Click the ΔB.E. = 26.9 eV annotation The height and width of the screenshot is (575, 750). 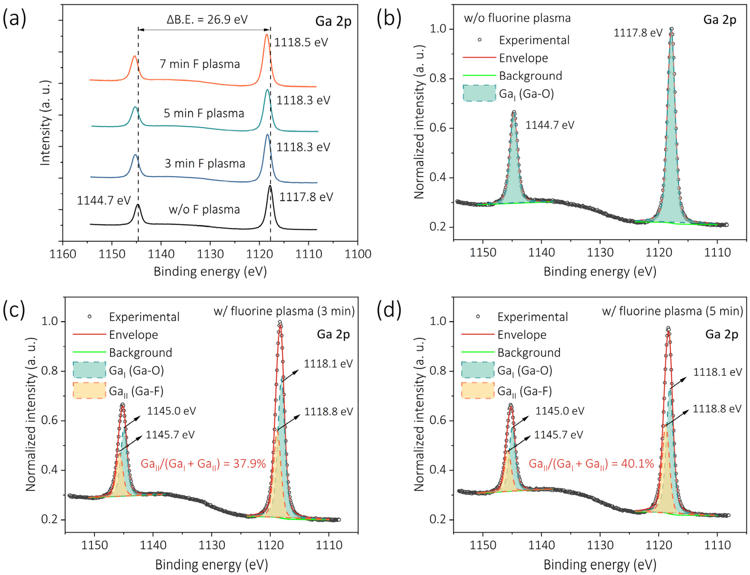tap(207, 20)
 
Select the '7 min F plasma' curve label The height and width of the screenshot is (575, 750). tap(200, 64)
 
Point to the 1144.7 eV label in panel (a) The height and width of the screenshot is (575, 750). tap(104, 200)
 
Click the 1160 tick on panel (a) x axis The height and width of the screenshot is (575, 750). tap(63, 254)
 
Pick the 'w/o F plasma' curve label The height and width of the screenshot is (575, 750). tap(204, 209)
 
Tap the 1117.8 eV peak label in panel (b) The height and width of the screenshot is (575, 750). tap(638, 33)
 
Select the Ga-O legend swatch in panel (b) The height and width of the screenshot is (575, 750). tap(479, 93)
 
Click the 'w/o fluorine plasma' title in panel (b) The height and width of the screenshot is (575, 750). tap(517, 18)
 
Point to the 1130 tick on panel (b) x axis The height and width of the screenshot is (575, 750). tap(600, 252)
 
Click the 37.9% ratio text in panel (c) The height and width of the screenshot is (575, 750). tap(203, 464)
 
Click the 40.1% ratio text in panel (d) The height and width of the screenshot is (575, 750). tap(591, 464)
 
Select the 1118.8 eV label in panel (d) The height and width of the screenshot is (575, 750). tap(717, 409)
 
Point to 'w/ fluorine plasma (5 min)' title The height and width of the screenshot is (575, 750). tap(672, 311)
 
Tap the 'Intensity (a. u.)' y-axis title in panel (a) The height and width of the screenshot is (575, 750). tap(45, 123)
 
